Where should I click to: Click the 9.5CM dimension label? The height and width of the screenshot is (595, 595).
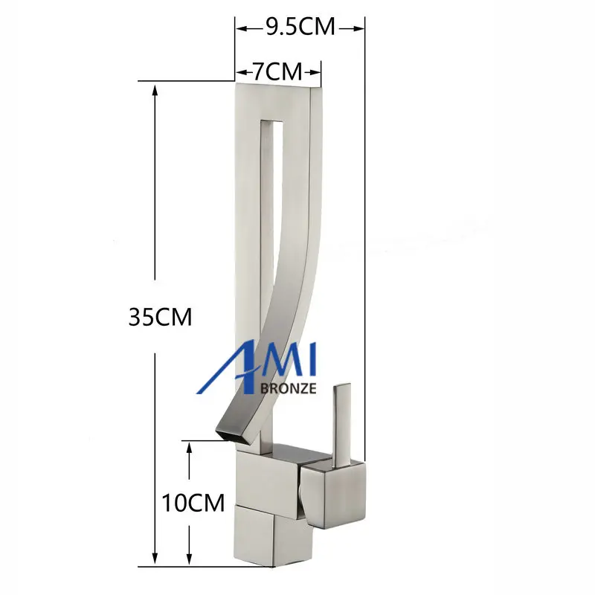300,27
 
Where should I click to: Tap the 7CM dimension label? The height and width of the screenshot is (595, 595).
277,71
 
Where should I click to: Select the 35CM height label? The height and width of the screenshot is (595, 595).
160,317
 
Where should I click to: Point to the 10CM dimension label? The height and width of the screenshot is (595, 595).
193,503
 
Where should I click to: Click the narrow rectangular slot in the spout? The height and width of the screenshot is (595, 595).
272,266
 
